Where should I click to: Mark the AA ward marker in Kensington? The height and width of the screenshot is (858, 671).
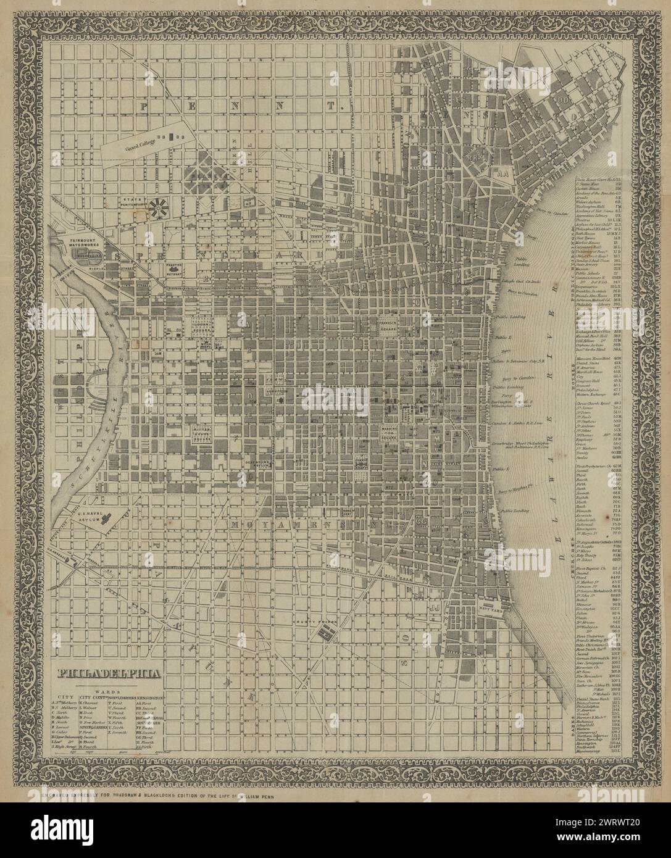tap(502, 175)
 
